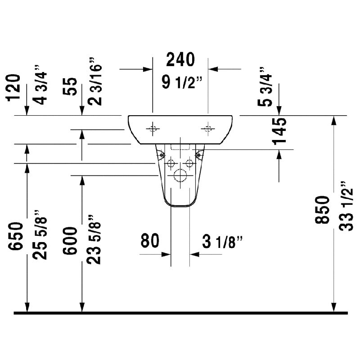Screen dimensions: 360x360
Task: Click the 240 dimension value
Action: tap(181, 60)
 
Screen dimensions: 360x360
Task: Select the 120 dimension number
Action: tap(14, 87)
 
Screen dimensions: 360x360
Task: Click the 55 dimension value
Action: tap(71, 87)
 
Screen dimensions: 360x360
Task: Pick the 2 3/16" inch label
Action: tap(95, 81)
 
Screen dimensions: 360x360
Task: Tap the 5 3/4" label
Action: tap(265, 87)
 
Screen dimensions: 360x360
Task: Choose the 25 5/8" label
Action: tap(40, 234)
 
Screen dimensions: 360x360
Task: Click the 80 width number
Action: tap(150, 241)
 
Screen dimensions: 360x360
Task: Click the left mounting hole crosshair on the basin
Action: tap(153, 129)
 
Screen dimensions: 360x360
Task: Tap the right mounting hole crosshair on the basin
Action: tap(208, 129)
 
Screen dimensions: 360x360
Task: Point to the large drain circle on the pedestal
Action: tap(180, 176)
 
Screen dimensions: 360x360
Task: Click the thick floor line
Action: tap(180, 313)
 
